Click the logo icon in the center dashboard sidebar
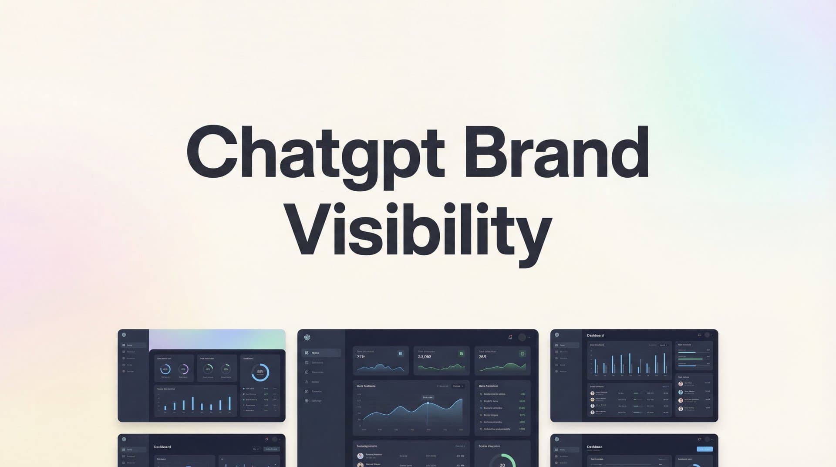coord(307,337)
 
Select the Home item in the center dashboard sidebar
coord(315,353)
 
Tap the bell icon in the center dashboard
coord(510,337)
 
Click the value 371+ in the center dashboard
coord(361,357)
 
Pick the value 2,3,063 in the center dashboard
coord(425,357)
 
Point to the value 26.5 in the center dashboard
coord(482,357)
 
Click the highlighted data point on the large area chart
coord(428,403)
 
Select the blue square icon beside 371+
coord(401,354)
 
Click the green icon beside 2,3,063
coord(462,354)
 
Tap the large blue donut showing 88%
coord(260,372)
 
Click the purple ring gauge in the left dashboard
coord(183,369)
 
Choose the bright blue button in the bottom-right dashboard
coord(705,449)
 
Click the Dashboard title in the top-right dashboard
coord(595,335)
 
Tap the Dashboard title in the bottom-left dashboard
coord(162,447)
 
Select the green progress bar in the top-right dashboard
coord(691,359)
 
